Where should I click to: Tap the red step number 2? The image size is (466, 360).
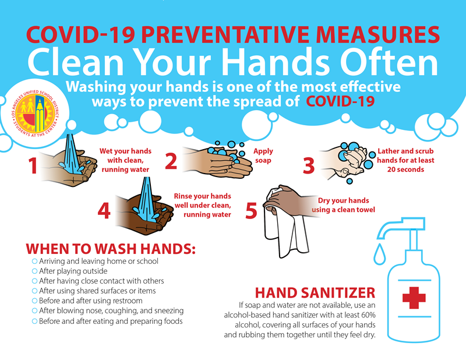pyautogui.click(x=171, y=160)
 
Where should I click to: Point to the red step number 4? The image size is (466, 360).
pyautogui.click(x=104, y=210)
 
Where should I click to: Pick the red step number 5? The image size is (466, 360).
pyautogui.click(x=252, y=210)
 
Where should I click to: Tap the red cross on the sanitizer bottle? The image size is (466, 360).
pyautogui.click(x=414, y=297)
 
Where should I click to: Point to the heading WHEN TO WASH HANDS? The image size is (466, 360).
pyautogui.click(x=110, y=248)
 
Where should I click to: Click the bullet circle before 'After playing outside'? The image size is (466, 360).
pyautogui.click(x=34, y=271)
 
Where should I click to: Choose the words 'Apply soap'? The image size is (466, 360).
pyautogui.click(x=263, y=156)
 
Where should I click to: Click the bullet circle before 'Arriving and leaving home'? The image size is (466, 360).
pyautogui.click(x=34, y=261)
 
